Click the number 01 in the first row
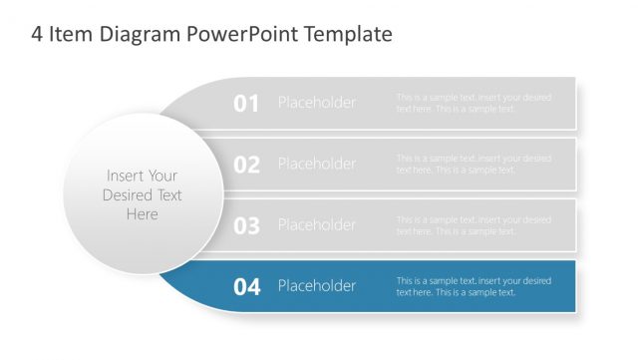(246, 103)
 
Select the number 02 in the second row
(246, 165)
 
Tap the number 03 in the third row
(246, 225)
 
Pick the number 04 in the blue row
(246, 287)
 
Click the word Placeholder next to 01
(316, 103)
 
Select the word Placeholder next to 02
(316, 164)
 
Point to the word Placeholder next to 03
(316, 225)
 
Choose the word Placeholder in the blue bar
(316, 286)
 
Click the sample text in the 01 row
(473, 103)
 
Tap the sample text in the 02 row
(473, 164)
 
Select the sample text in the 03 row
(473, 225)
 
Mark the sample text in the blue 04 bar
(473, 286)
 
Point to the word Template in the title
(348, 35)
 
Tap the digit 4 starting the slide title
(37, 35)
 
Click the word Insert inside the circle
(124, 176)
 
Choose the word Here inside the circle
(142, 214)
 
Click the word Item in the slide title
(71, 35)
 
